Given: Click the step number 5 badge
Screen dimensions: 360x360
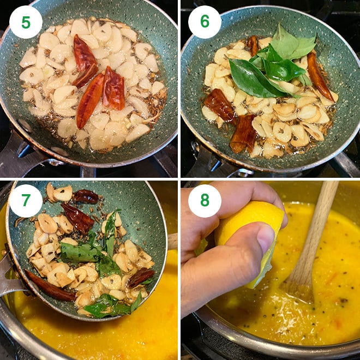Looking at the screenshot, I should (x=26, y=22).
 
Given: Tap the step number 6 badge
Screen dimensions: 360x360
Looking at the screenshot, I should (x=205, y=22).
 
